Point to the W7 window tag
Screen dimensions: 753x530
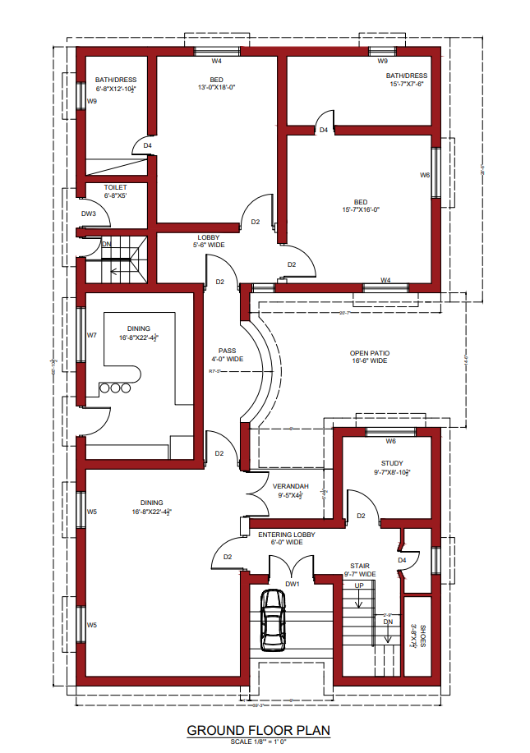92,335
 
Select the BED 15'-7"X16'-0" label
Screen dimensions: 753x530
361,205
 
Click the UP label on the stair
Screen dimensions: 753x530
358,586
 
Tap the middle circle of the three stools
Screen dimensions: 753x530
116,388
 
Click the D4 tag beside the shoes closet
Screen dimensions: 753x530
402,560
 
